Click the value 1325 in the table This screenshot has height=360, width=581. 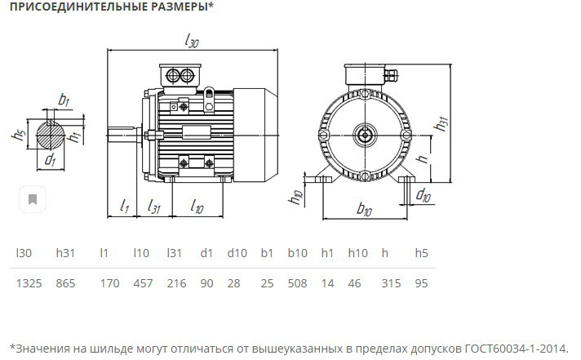tap(29, 283)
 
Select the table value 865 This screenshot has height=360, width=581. tap(65, 283)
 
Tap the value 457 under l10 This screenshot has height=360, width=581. tap(143, 283)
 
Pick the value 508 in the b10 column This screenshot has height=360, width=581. tap(297, 283)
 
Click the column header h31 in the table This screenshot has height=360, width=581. tap(65, 253)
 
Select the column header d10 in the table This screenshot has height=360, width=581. tap(237, 253)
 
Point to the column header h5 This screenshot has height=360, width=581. tap(421, 253)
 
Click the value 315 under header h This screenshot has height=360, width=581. tap(391, 283)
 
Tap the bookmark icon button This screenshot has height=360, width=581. tap(33, 199)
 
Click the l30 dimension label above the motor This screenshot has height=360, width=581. tap(192, 41)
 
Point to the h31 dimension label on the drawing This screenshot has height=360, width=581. tap(441, 123)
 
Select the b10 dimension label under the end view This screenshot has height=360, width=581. tap(364, 210)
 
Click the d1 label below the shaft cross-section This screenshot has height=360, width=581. tap(50, 160)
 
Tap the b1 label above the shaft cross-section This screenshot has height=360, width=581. tap(64, 100)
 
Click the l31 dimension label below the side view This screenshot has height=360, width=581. tap(153, 207)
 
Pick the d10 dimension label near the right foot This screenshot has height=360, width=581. tap(424, 194)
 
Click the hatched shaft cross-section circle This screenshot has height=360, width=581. tap(51, 134)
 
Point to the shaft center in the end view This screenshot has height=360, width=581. tap(365, 136)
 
